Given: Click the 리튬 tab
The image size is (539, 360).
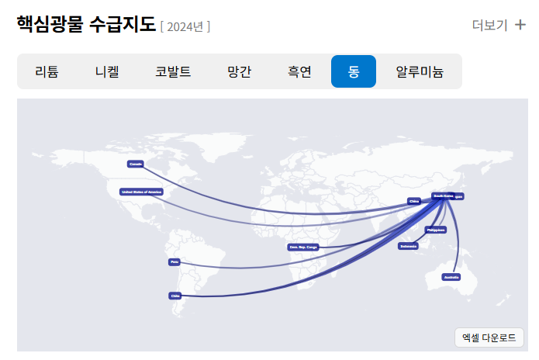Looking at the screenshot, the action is pos(46,72).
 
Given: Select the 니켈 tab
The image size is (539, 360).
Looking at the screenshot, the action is pos(106,72).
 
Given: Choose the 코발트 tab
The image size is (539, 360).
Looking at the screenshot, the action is pos(173,72).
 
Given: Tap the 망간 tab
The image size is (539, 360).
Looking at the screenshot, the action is pos(239,72).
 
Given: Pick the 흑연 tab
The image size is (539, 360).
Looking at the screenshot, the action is pos(299,72).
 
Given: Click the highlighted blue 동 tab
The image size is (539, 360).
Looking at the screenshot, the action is pos(354,72).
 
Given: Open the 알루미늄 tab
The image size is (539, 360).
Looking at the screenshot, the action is pos(420,72).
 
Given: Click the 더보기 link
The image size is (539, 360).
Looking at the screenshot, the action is pos(489,25).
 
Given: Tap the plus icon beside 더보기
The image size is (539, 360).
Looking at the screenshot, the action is pos(520,25).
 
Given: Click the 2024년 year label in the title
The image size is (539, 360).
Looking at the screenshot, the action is pos(185,27).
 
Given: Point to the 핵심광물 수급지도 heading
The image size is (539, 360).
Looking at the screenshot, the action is pos(85,25).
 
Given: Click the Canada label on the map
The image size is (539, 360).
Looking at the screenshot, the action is pos(136,164).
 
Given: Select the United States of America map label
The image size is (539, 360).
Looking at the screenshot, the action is pos(141,191).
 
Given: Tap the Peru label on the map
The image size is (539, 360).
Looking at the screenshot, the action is pos(174,262).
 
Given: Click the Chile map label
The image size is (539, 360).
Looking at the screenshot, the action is pos(174,296).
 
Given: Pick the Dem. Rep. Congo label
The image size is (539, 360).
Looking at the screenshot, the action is pos(303,247).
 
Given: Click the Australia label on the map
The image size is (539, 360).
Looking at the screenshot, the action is pos(451,277).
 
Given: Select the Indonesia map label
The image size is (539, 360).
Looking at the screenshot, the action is pos(409,246).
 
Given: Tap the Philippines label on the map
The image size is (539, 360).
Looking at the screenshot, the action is pos(436,230).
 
